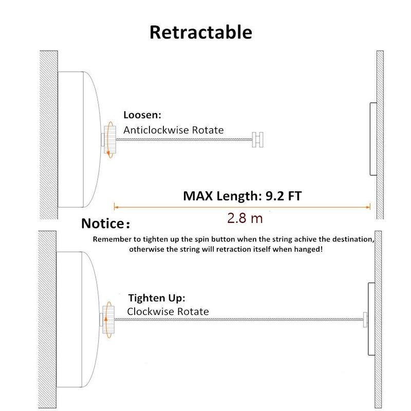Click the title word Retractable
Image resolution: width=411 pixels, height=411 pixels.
tap(201, 32)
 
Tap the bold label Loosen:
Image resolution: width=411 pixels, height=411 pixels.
tap(142, 115)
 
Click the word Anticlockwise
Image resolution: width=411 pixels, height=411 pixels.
tap(156, 130)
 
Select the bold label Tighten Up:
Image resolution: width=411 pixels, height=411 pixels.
tap(157, 298)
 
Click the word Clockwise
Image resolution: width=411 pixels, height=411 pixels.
tap(151, 311)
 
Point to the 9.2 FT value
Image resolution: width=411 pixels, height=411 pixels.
tap(284, 196)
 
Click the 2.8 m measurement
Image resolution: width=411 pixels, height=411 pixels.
tap(245, 218)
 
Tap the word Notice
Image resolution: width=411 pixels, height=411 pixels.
tap(102, 223)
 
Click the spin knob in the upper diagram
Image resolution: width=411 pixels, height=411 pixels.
tap(110, 139)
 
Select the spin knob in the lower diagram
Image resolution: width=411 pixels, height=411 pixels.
tap(108, 320)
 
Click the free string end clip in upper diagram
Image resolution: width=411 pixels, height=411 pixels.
tap(258, 140)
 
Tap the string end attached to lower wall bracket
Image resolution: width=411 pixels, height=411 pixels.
tap(365, 320)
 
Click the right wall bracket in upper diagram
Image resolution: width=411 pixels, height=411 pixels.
tap(373, 139)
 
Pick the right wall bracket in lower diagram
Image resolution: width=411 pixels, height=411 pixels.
tap(371, 319)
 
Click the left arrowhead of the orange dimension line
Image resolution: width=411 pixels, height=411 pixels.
tap(115, 207)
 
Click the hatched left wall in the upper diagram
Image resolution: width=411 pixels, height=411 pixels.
tap(49, 135)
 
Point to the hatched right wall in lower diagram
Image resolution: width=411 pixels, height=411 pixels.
tap(378, 319)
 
